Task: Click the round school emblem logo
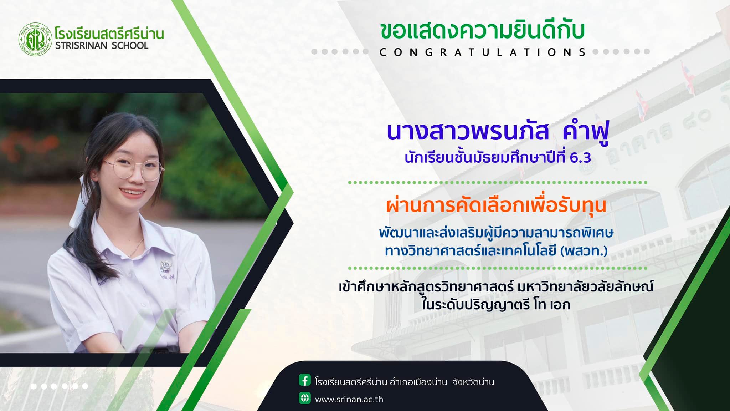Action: (35, 39)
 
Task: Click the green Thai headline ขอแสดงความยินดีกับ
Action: (482, 31)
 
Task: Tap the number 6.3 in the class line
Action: (580, 158)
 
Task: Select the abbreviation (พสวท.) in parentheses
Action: (584, 251)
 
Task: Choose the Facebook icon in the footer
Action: (305, 380)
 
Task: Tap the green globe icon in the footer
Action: (305, 398)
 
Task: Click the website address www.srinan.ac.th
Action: (349, 399)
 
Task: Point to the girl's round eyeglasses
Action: (134, 168)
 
